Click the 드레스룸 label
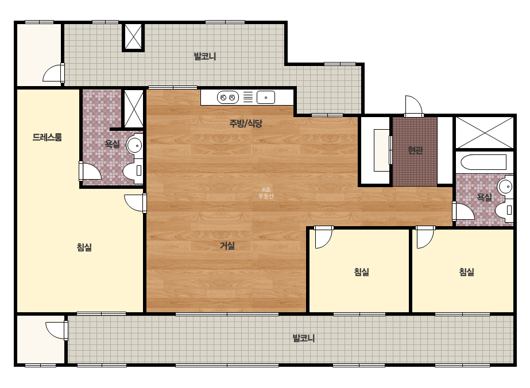(47, 137)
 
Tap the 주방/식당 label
(246, 123)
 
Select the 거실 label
(227, 246)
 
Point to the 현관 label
(415, 150)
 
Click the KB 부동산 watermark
(266, 193)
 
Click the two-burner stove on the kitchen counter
(227, 98)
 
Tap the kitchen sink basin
(266, 98)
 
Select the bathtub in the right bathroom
(483, 162)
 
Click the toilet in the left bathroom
(133, 171)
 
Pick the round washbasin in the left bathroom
(134, 145)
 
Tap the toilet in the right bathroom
(504, 210)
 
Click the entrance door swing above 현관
(414, 106)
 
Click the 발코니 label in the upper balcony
(205, 56)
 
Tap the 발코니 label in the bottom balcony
(304, 338)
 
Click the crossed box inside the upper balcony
(133, 37)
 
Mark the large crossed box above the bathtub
(484, 133)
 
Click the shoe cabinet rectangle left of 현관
(382, 150)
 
